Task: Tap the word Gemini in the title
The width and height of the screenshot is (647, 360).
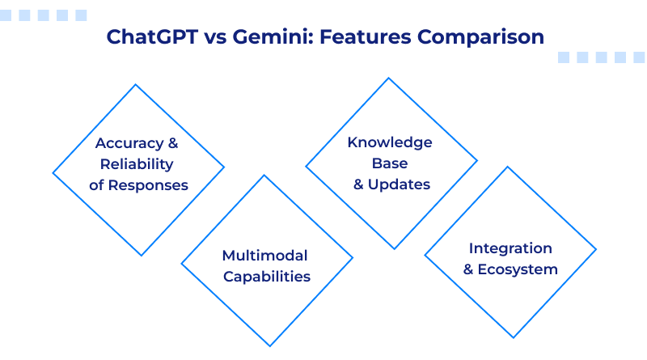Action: [x=257, y=37]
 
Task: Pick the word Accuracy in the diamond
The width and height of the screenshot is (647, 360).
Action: [x=128, y=143]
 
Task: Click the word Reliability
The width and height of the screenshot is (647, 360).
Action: [x=137, y=164]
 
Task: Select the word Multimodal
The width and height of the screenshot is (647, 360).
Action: [x=265, y=256]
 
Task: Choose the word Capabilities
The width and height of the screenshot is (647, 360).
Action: [x=267, y=277]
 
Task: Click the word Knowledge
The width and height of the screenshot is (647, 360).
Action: [x=390, y=142]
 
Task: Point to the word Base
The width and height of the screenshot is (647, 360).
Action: [x=391, y=163]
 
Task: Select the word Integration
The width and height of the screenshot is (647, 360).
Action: [x=510, y=248]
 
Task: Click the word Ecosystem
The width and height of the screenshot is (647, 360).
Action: [x=518, y=269]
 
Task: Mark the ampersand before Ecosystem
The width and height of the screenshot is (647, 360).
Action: [x=468, y=269]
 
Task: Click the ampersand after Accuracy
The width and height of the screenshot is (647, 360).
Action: [x=171, y=143]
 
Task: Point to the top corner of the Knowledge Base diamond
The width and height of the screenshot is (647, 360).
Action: [x=390, y=78]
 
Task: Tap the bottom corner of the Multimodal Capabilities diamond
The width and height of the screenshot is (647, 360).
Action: [x=268, y=346]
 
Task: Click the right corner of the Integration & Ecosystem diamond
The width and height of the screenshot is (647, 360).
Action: [x=596, y=250]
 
